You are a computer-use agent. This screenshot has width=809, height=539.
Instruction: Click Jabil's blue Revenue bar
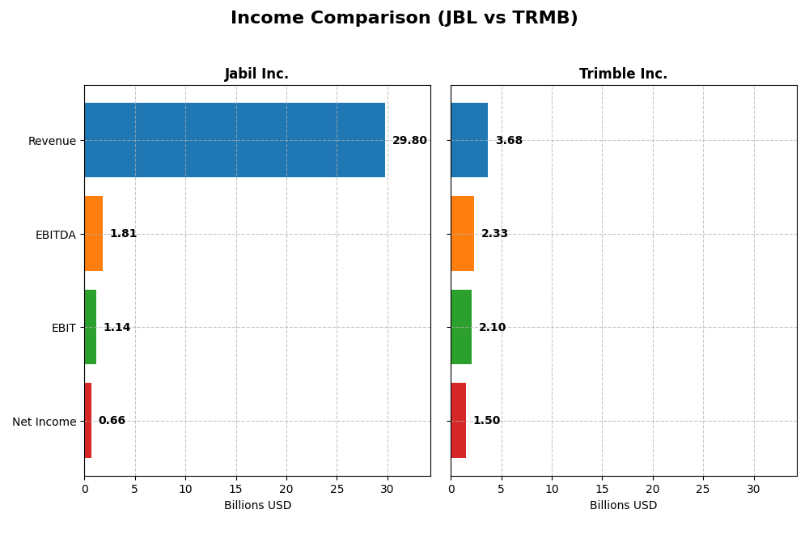(235, 140)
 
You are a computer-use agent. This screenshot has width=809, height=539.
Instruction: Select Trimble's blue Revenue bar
(469, 140)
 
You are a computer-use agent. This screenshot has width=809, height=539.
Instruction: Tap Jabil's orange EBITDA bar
(93, 234)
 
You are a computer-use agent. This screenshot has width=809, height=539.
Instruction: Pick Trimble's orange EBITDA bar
(462, 234)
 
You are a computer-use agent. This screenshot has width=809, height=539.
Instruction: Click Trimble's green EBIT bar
(461, 327)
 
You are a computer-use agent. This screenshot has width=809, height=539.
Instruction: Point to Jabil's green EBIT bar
(90, 327)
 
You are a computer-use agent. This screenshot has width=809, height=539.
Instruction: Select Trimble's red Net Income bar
(458, 421)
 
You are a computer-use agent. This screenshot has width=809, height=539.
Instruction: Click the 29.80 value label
(409, 141)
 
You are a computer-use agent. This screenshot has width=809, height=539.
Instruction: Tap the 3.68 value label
(509, 141)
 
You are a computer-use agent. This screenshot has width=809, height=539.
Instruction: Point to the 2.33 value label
(494, 234)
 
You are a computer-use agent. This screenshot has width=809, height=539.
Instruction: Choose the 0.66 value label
(112, 421)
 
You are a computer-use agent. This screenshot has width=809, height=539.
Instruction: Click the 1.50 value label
(486, 421)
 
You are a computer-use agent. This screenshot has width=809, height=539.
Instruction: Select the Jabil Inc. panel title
(256, 74)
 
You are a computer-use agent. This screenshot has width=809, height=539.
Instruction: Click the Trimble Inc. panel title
(623, 74)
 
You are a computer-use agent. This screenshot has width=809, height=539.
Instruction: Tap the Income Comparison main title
(404, 19)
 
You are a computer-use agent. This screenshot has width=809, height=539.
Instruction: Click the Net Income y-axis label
(44, 422)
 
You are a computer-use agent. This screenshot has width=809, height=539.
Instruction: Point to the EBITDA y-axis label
(56, 235)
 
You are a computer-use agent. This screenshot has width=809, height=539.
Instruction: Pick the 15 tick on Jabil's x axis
(236, 490)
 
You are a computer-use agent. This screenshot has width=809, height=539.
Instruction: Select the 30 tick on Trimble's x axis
(753, 490)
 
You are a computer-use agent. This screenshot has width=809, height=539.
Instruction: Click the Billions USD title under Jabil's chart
(257, 506)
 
